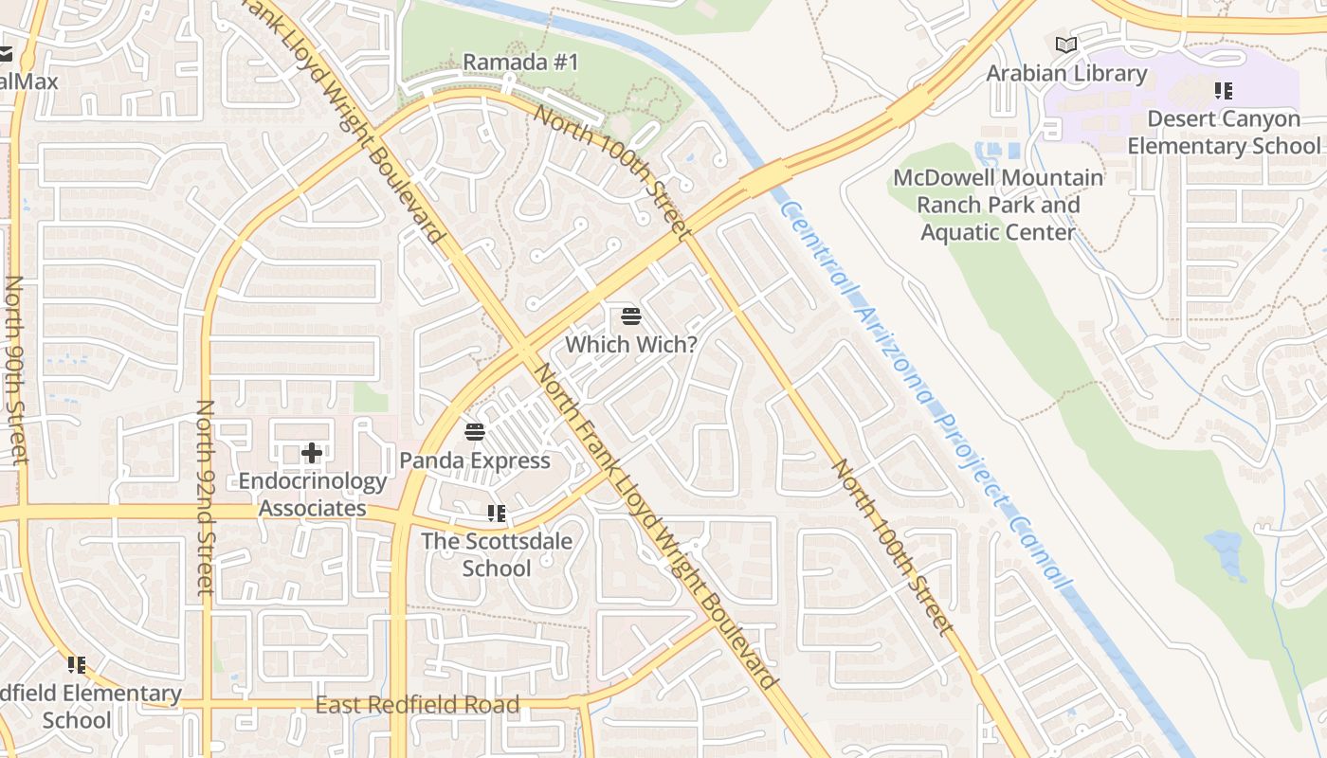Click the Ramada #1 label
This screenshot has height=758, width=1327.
520,63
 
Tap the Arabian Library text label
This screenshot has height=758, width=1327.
1066,73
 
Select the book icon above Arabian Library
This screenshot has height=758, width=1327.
1066,45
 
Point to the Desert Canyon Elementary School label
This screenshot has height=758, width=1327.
1223,133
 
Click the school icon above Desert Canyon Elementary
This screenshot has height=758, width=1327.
1224,91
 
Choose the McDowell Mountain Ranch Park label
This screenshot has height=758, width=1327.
998,205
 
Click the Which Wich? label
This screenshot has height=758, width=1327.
631,344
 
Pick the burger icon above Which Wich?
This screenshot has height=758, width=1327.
631,316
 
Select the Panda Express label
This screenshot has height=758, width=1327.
475,460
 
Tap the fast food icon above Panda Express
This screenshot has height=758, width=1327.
475,432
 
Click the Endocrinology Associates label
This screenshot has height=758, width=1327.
312,495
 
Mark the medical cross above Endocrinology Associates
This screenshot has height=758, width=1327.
312,453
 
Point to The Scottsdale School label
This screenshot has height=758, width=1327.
497,555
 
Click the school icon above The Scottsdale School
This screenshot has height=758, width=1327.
497,514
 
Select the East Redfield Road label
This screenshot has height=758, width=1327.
417,705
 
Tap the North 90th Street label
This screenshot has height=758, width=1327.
15,370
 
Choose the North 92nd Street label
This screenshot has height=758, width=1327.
205,497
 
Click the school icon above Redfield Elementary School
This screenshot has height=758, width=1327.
77,665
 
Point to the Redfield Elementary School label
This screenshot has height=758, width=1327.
85,707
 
